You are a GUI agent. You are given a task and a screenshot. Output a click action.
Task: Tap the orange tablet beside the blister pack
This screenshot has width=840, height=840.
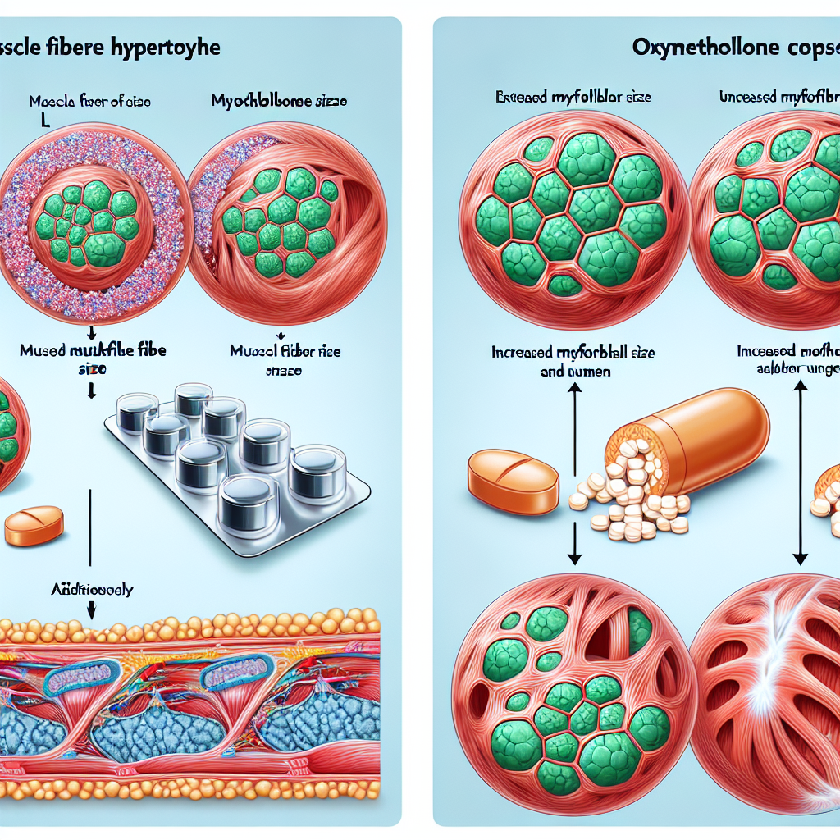(x=34, y=526)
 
